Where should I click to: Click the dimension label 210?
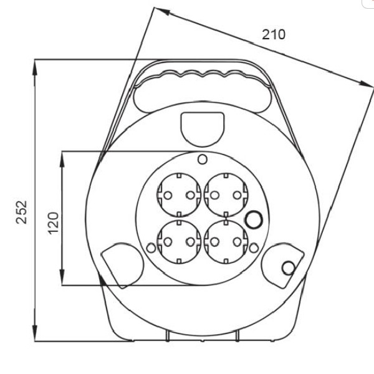(x=274, y=34)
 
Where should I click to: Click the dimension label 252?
(x=21, y=213)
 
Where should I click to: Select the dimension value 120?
(x=53, y=223)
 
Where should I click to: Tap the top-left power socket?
(x=179, y=195)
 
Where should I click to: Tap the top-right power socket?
(x=226, y=195)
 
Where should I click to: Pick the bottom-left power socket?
(x=179, y=242)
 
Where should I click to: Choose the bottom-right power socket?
(x=226, y=242)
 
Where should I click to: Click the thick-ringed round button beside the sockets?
(x=254, y=219)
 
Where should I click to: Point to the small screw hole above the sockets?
(x=203, y=159)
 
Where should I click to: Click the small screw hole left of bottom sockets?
(x=151, y=248)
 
